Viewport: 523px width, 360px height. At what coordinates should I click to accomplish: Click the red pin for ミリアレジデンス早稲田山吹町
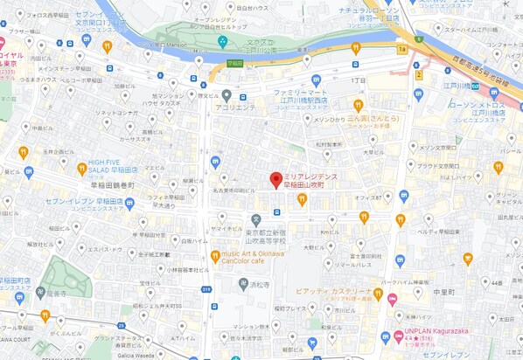[275, 181]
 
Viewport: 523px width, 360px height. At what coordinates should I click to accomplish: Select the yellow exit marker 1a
[401, 50]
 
